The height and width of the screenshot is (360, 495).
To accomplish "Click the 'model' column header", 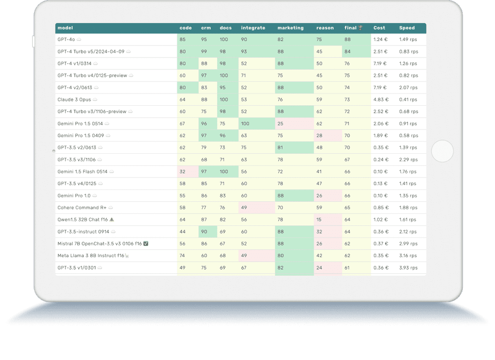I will pyautogui.click(x=65, y=28).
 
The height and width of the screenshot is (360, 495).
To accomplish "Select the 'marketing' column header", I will pyautogui.click(x=291, y=28).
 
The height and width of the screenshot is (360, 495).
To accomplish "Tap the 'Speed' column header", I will pyautogui.click(x=407, y=28).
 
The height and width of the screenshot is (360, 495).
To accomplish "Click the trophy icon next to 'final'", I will pyautogui.click(x=360, y=28).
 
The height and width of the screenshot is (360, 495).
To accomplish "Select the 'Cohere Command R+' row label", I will pyautogui.click(x=82, y=208).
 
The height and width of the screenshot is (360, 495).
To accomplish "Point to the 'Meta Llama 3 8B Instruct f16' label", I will pyautogui.click(x=91, y=256).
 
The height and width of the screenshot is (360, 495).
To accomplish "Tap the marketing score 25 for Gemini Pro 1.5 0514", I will pyautogui.click(x=280, y=124).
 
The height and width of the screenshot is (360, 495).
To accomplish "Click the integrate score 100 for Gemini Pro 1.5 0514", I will pyautogui.click(x=245, y=124).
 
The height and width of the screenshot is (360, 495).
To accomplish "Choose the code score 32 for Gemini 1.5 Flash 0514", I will pyautogui.click(x=183, y=172).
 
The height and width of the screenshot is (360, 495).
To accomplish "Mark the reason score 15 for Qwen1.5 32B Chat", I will pyautogui.click(x=319, y=220).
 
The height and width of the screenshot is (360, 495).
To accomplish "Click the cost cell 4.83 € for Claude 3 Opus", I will pyautogui.click(x=381, y=100).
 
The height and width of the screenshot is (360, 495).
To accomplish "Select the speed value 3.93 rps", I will pyautogui.click(x=408, y=268).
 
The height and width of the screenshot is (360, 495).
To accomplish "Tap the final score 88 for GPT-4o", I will pyautogui.click(x=347, y=40).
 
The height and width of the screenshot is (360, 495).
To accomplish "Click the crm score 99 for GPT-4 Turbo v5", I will pyautogui.click(x=204, y=51).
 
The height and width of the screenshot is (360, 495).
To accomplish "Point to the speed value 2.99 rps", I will pyautogui.click(x=408, y=244).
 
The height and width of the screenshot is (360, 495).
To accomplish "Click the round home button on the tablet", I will pyautogui.click(x=442, y=151).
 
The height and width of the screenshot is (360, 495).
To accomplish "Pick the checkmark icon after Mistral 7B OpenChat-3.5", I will pyautogui.click(x=146, y=244).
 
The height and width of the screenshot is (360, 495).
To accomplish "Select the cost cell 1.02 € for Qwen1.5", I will pyautogui.click(x=381, y=220).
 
